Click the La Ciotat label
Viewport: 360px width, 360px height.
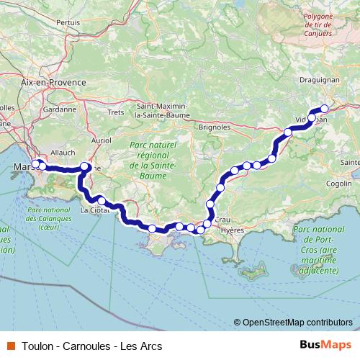coord(94,210)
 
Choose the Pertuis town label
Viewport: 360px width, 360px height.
coord(68,22)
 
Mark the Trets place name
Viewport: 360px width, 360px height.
coord(116,112)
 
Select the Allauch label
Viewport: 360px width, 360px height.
coord(63,153)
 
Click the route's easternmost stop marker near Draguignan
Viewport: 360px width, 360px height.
coord(324,109)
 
